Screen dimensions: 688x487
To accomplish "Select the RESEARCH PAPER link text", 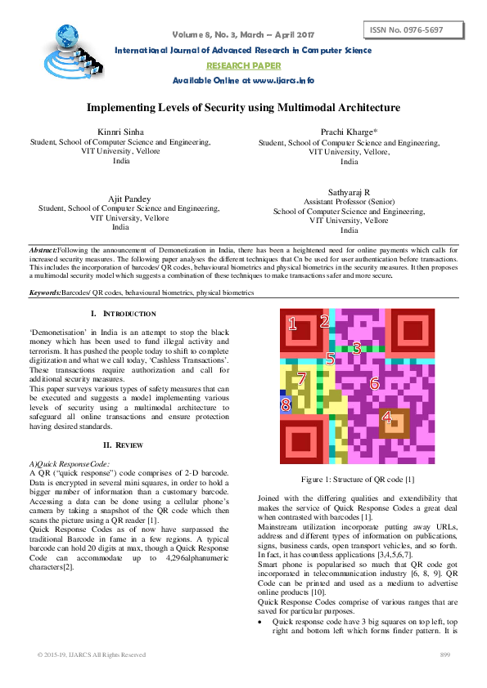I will click(243, 65).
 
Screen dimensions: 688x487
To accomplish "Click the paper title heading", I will click(243, 107).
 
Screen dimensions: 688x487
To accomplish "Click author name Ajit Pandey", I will click(121, 199).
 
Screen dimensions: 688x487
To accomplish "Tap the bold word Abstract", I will click(43, 248).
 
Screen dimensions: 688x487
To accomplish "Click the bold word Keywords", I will click(45, 292).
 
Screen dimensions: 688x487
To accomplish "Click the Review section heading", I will click(123, 445).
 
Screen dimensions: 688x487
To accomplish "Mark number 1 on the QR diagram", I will click(292, 324).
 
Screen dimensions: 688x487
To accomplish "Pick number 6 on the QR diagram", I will click(375, 382).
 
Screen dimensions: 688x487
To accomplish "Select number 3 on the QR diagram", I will click(356, 347).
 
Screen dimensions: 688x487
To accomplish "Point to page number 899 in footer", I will click(446, 655).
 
